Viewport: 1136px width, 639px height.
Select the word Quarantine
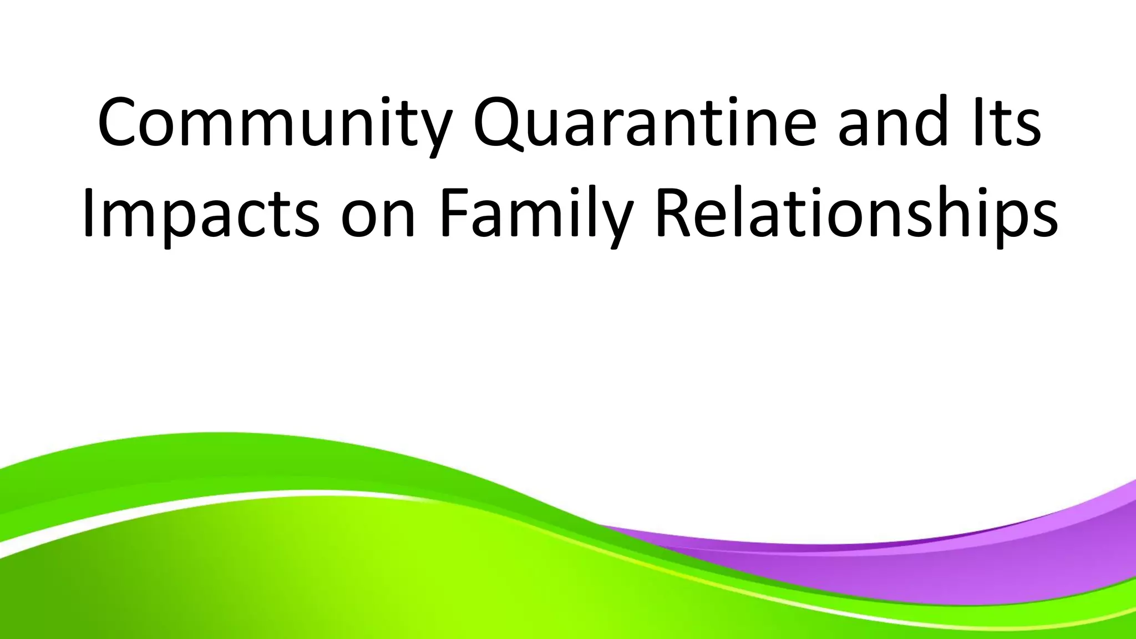tap(644, 123)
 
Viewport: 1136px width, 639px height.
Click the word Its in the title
tap(1007, 123)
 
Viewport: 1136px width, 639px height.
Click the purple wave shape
tap(971, 560)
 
